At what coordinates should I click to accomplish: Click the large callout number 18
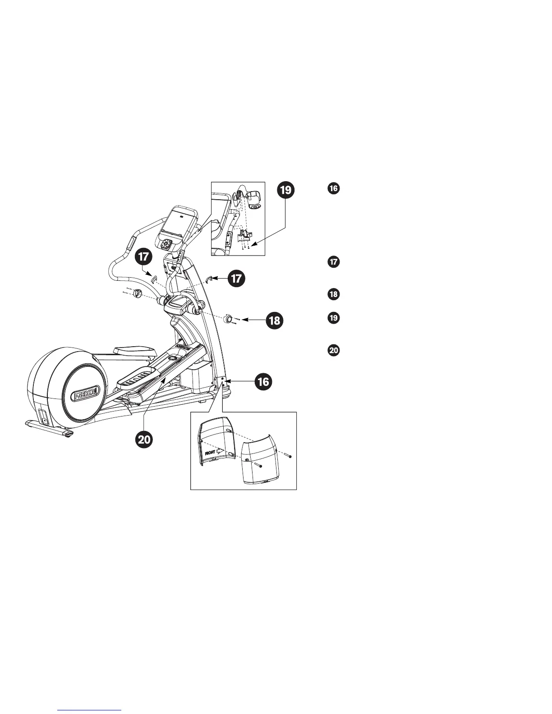pyautogui.click(x=275, y=320)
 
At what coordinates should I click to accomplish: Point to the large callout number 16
pyautogui.click(x=263, y=382)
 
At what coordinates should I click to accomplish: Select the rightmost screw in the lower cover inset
pyautogui.click(x=290, y=456)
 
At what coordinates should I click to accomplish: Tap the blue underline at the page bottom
pyautogui.click(x=90, y=710)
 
